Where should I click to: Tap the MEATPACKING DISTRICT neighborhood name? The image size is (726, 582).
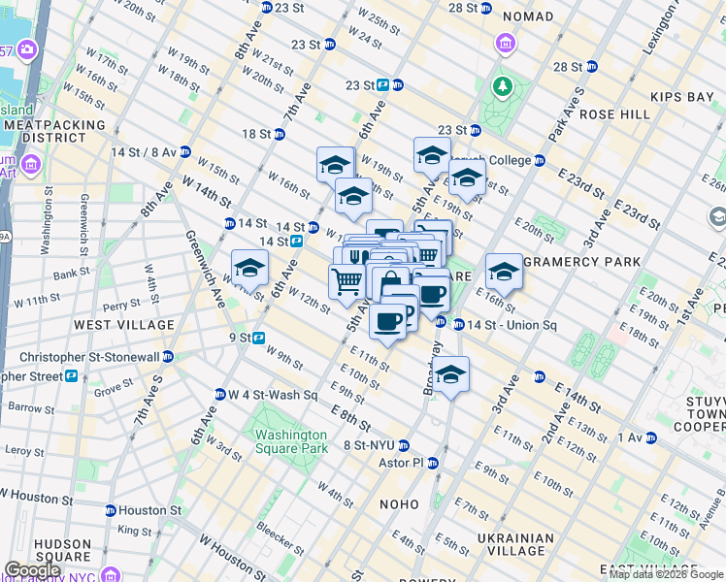47,131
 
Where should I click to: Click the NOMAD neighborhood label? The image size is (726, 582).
528,16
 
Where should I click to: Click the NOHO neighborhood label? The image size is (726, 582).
399,504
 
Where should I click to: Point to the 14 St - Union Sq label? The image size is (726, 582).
511,324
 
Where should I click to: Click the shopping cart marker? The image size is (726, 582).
346,282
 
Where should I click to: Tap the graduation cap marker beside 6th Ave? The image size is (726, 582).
249,268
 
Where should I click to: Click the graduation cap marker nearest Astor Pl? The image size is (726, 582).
450,374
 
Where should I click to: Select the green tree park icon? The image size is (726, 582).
503,88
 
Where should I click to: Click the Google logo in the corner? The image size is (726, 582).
34,570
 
